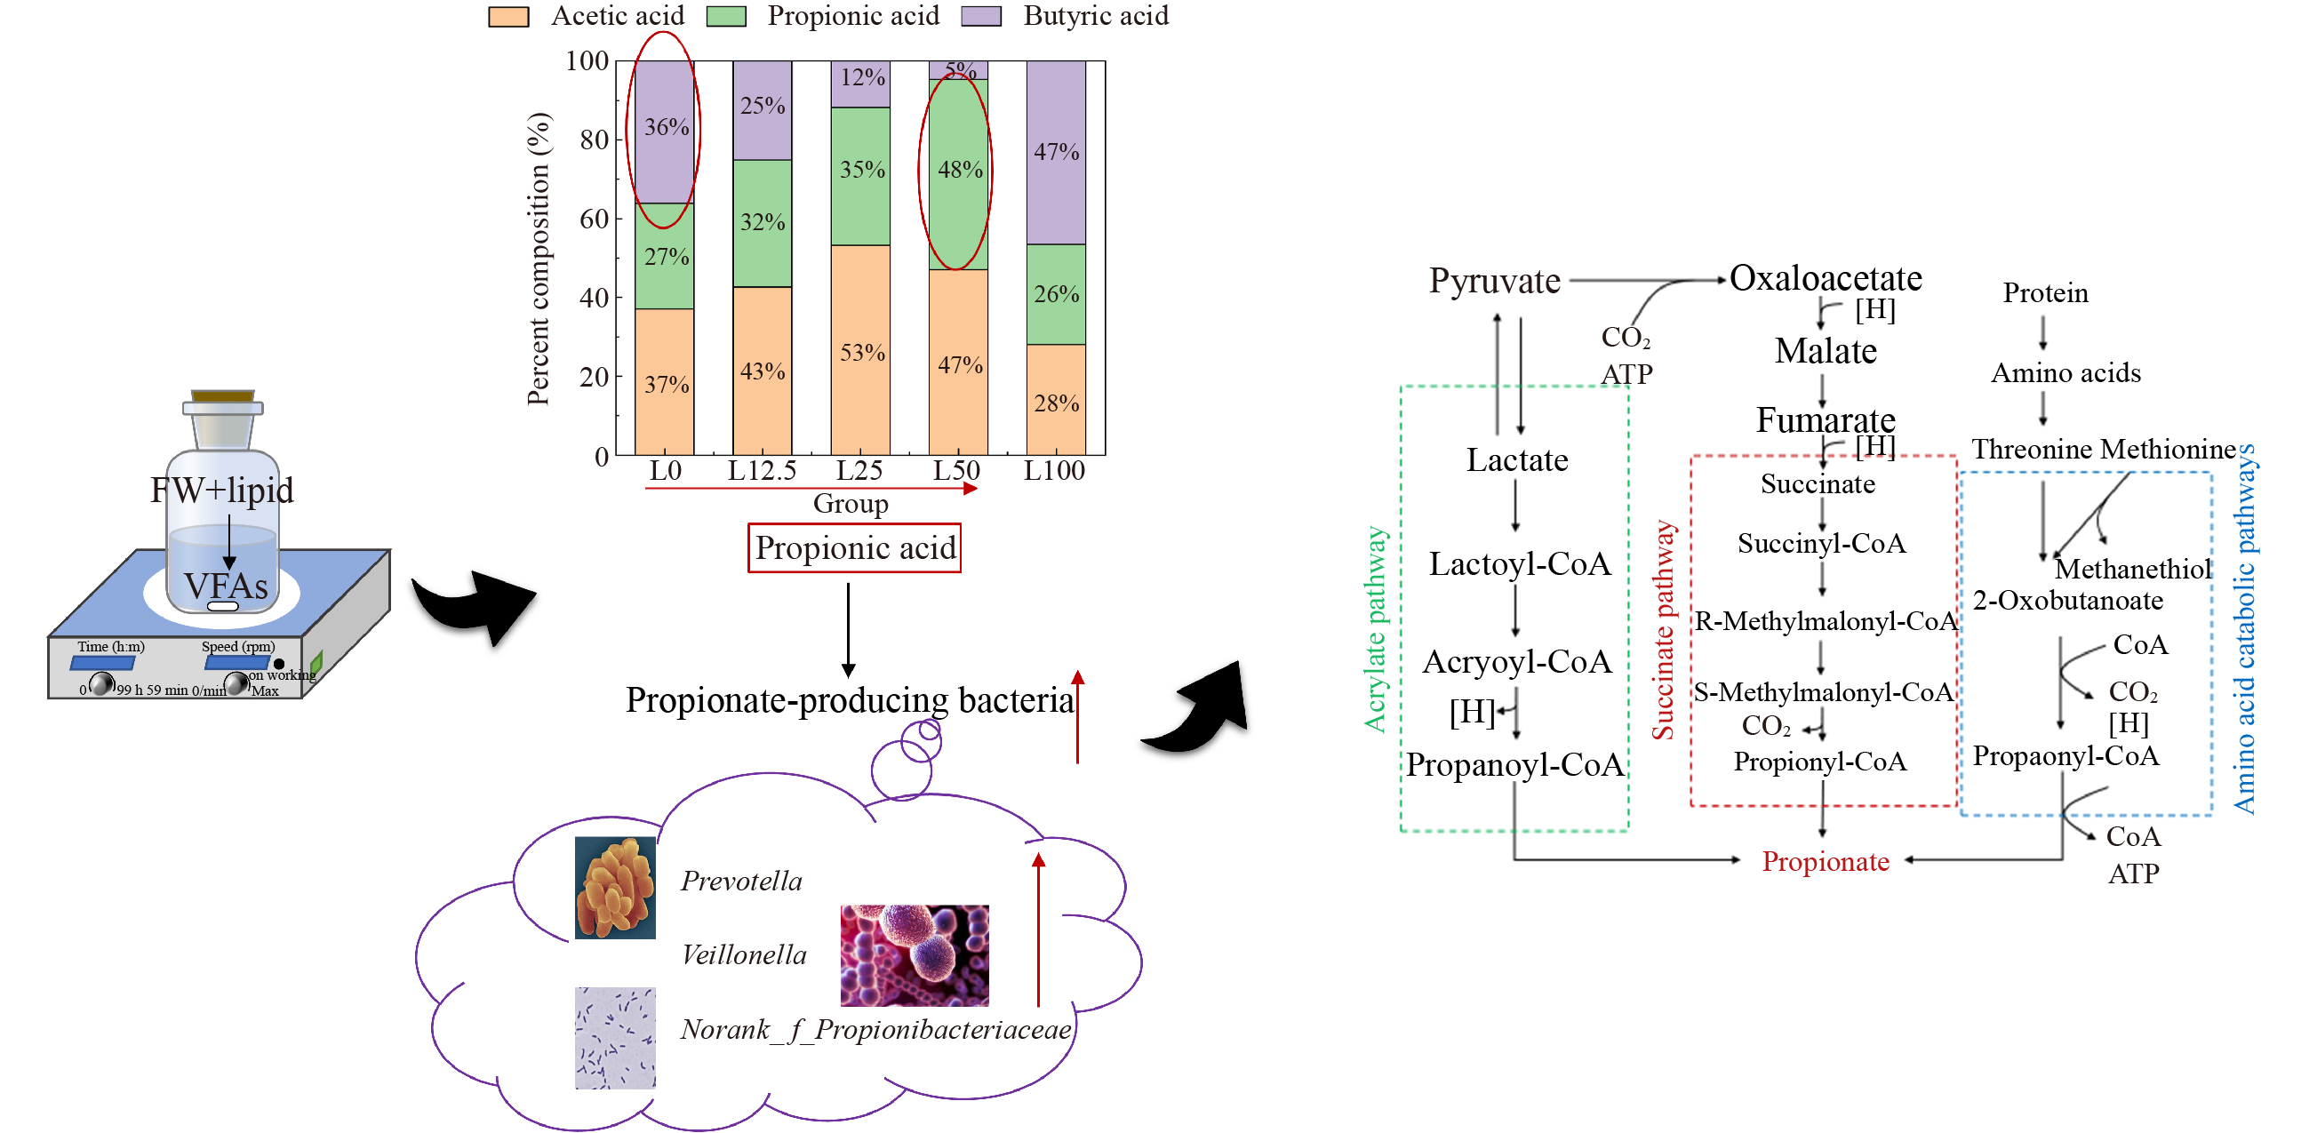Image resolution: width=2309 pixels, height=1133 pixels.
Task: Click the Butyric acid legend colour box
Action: coord(980,16)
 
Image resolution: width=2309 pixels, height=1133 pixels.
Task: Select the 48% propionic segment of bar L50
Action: coord(958,171)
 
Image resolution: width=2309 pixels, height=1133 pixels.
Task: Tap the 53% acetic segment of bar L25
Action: coord(860,351)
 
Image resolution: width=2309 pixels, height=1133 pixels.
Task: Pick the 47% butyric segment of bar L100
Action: coord(1056,152)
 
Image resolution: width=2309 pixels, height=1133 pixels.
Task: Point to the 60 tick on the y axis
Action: coord(595,219)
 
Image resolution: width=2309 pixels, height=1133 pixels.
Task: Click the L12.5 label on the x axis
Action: coord(761,471)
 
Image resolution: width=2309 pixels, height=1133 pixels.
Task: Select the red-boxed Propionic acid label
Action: coord(854,547)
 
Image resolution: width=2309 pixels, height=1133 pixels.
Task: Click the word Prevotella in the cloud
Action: coord(741,882)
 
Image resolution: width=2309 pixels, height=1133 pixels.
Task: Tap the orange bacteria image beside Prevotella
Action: coord(615,888)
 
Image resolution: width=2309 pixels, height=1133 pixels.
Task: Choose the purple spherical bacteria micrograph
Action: coord(915,954)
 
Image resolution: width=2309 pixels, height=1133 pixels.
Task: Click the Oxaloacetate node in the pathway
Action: coord(1825,279)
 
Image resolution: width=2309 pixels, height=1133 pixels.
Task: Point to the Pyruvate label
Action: coord(1494,282)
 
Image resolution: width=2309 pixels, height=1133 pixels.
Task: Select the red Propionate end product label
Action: coord(1825,861)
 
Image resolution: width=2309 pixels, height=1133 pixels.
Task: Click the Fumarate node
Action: coord(1825,419)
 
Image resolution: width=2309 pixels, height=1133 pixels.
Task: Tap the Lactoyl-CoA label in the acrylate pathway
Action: coord(1519,563)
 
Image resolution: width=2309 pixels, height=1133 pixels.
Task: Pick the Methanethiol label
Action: coord(2132,569)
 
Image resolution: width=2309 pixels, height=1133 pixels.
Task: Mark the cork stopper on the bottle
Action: coord(223,395)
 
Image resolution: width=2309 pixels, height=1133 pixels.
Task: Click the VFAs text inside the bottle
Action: coord(226,586)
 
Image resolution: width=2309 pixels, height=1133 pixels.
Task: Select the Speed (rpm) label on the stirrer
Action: coord(237,646)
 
